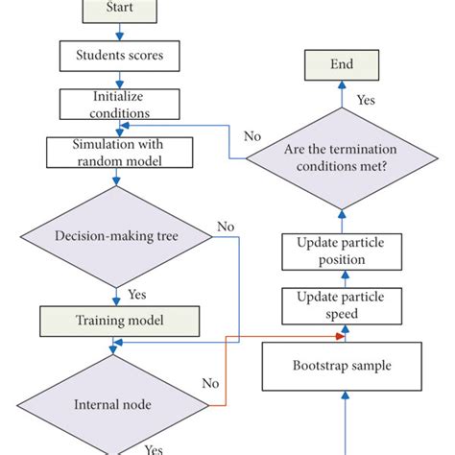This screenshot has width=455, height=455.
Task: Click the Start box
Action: [x=119, y=12]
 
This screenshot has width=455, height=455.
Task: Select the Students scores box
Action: [x=119, y=55]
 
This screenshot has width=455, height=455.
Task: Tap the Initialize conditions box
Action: [x=119, y=104]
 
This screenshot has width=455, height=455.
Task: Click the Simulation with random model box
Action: [x=119, y=151]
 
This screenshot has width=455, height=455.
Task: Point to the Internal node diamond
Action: [x=112, y=404]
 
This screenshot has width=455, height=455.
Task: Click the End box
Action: [x=341, y=65]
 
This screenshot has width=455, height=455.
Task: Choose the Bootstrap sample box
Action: [x=343, y=366]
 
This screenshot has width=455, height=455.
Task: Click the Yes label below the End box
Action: [x=366, y=99]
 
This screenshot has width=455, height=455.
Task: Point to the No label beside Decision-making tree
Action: [x=226, y=227]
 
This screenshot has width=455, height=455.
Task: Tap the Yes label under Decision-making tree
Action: [x=136, y=295]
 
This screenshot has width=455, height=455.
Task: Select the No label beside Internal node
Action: [x=209, y=382]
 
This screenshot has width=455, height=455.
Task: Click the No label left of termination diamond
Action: [x=251, y=136]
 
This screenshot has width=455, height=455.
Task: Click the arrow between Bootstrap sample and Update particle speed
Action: [x=343, y=335]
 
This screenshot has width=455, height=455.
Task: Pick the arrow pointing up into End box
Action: [x=341, y=92]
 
